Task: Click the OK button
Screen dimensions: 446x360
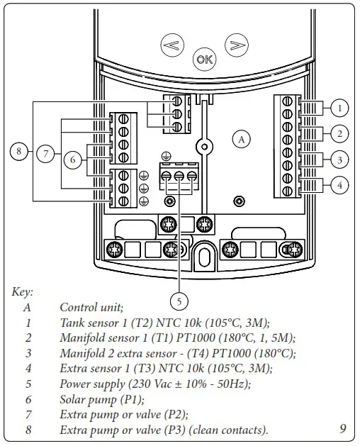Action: point(204,60)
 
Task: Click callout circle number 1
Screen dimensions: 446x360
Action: point(340,108)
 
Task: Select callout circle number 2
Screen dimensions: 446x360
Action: point(340,133)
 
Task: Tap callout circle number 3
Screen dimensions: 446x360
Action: point(340,160)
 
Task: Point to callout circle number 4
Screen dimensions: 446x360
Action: point(340,186)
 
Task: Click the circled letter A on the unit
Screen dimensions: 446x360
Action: point(242,140)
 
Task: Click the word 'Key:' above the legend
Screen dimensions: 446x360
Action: point(23,291)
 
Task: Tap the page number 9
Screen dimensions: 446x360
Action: point(342,428)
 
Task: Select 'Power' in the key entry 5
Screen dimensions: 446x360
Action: point(77,384)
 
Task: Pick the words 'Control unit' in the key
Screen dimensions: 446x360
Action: point(91,307)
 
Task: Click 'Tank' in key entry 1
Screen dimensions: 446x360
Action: point(72,323)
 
